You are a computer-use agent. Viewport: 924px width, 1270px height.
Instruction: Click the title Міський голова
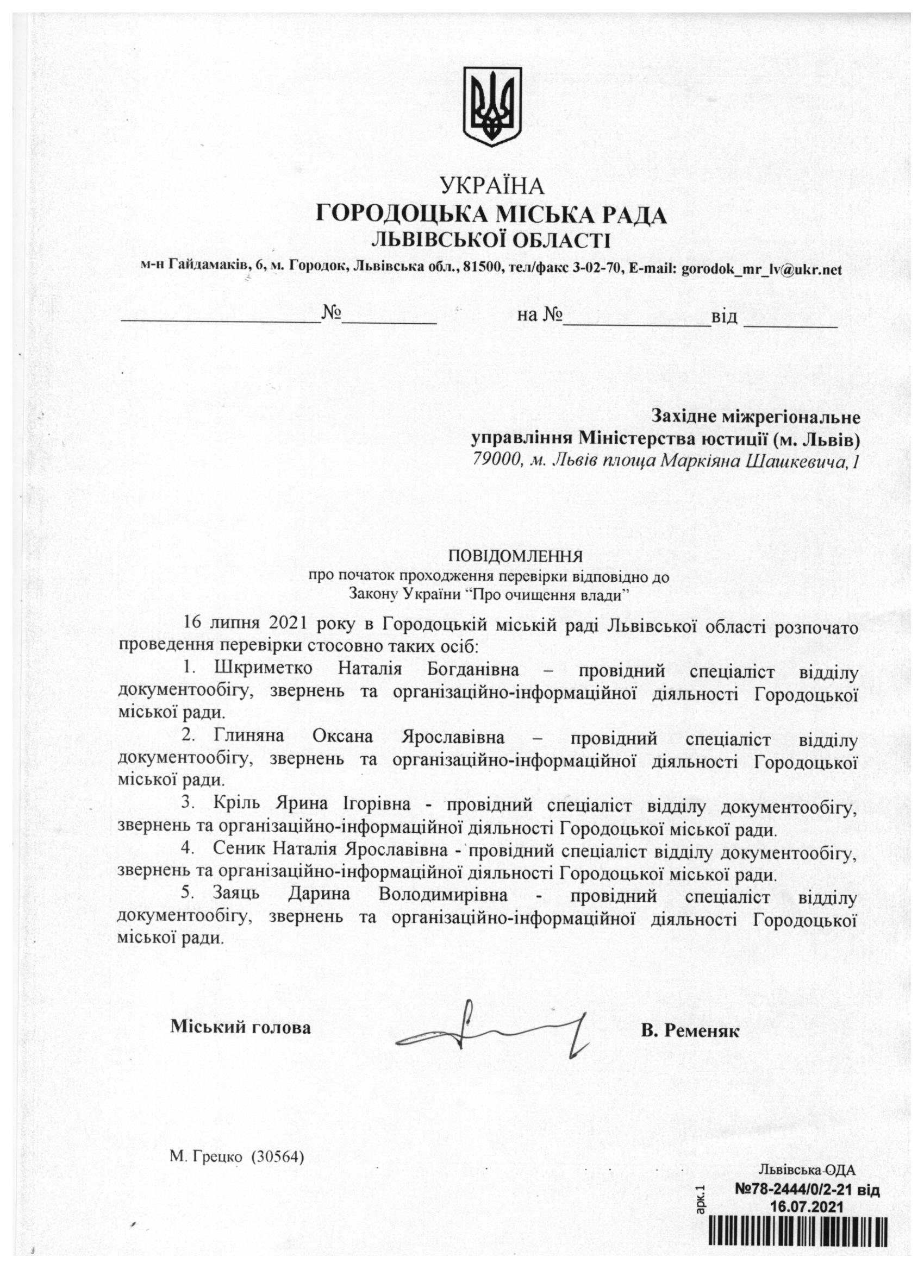[x=240, y=1028]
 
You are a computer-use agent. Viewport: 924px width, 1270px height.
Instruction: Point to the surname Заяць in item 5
[x=236, y=894]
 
